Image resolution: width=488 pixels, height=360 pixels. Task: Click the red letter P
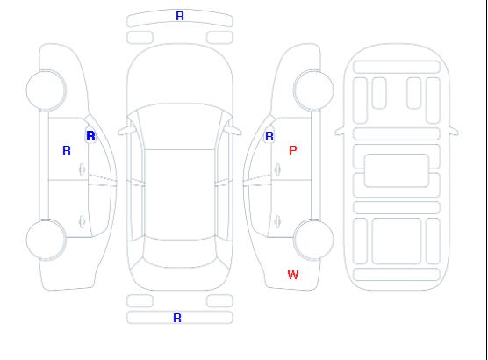293,150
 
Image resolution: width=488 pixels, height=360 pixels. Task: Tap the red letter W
293,275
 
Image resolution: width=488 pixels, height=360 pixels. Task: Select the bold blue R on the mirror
90,136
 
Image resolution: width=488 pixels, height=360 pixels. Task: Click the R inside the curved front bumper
180,16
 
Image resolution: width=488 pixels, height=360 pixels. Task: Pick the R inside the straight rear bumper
177,318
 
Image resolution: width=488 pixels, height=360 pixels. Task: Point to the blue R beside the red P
269,136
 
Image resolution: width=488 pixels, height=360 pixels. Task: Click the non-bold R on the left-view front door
67,150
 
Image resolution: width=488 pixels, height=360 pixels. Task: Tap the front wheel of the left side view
46,90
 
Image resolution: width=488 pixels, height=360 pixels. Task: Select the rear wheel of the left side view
46,240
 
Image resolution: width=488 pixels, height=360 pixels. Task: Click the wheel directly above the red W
313,240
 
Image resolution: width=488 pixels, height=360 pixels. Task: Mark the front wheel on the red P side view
313,90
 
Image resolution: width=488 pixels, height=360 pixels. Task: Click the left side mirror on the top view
126,131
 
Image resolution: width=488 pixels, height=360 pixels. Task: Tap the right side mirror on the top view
233,131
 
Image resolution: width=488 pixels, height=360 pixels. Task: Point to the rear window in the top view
180,252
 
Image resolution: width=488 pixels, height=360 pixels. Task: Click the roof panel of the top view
180,195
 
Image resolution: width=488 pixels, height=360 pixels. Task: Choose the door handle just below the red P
277,169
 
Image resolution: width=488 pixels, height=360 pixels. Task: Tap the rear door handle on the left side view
82,221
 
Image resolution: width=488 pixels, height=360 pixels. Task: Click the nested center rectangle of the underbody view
397,170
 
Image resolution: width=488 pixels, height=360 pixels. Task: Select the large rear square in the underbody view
397,241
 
